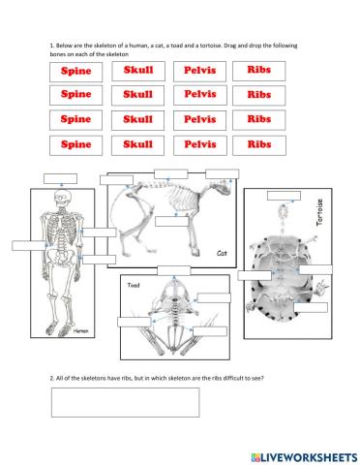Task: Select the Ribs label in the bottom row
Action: click(x=258, y=144)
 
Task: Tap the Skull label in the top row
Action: click(x=138, y=72)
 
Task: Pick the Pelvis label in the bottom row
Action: click(x=199, y=144)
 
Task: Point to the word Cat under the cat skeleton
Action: click(x=221, y=251)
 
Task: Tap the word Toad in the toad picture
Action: click(x=135, y=286)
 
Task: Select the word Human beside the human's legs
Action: click(x=80, y=330)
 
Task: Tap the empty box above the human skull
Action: click(x=61, y=178)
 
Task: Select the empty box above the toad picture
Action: click(x=174, y=268)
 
